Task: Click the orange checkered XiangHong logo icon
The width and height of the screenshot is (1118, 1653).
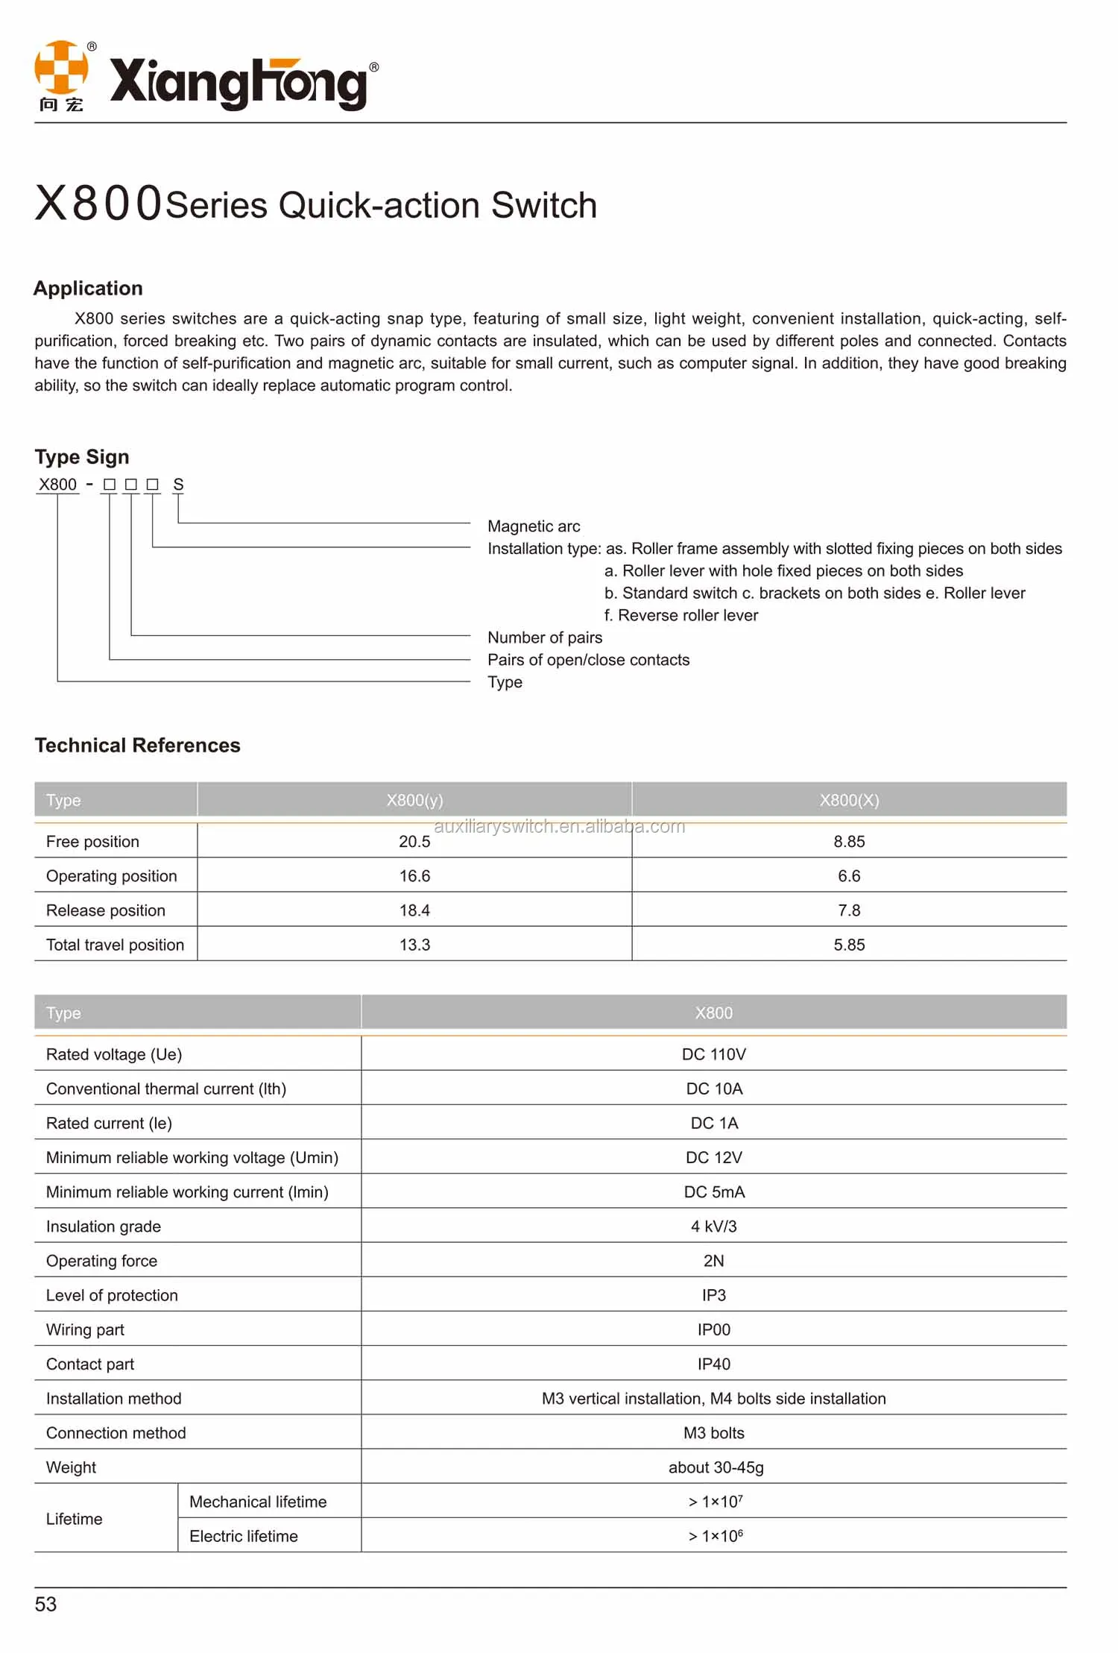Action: click(x=61, y=69)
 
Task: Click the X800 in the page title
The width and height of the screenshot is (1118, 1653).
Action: click(x=98, y=203)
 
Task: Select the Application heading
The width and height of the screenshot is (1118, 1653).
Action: click(x=88, y=289)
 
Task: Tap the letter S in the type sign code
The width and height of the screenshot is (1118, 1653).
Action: click(x=178, y=485)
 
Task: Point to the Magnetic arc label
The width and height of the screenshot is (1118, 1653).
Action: click(x=534, y=526)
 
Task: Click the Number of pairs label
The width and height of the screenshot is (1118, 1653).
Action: click(x=545, y=637)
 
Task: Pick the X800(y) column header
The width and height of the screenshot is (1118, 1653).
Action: click(x=414, y=800)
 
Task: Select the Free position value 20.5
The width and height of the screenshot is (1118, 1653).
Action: click(x=414, y=842)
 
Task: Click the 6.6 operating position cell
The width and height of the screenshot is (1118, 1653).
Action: click(x=849, y=876)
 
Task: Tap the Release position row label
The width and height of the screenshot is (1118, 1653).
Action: click(x=106, y=910)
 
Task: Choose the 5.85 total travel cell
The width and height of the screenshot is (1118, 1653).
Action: click(x=849, y=945)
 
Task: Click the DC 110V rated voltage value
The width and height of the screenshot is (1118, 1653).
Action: click(x=713, y=1054)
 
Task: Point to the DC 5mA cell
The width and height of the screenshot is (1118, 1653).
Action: click(x=714, y=1192)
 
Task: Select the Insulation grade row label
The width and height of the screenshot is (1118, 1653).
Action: click(x=104, y=1227)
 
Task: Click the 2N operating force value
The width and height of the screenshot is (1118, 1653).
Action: click(x=713, y=1261)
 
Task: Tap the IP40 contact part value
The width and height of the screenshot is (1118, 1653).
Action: click(x=713, y=1364)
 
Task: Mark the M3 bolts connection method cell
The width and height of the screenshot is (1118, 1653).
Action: click(x=713, y=1433)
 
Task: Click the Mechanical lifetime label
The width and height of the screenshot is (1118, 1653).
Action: click(x=258, y=1502)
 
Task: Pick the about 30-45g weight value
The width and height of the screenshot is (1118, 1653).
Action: click(x=716, y=1467)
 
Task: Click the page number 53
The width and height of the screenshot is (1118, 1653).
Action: click(x=45, y=1604)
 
